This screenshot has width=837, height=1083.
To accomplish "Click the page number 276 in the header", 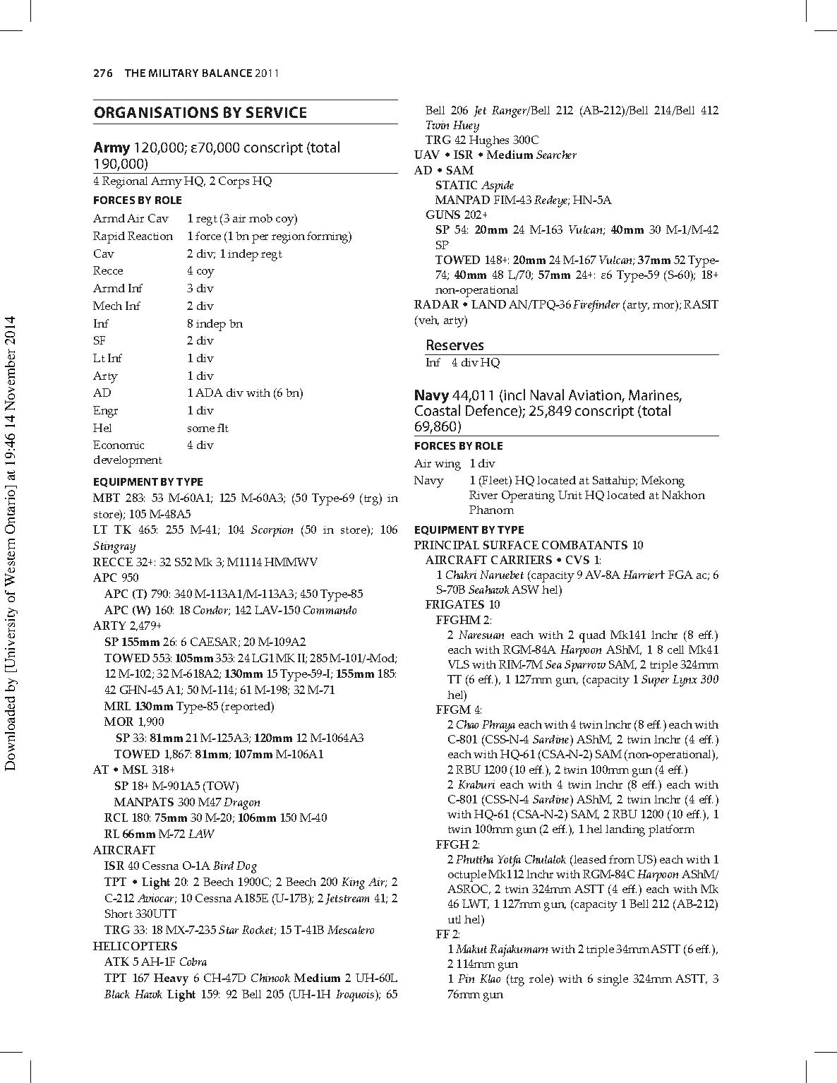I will click(103, 73).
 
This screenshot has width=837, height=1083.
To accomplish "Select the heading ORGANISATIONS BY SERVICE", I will click(200, 113).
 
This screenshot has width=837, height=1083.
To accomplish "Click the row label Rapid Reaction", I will click(133, 236).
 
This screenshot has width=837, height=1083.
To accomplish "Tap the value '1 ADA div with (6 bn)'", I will click(245, 393).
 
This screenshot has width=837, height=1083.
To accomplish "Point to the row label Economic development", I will click(127, 453).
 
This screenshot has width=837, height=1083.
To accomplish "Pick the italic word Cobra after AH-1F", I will click(193, 962).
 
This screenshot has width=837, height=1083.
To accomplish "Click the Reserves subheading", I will click(454, 345).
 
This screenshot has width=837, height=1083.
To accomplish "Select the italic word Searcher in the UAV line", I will click(556, 155).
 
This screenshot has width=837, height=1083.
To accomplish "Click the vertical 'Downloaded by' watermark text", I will click(10, 544).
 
